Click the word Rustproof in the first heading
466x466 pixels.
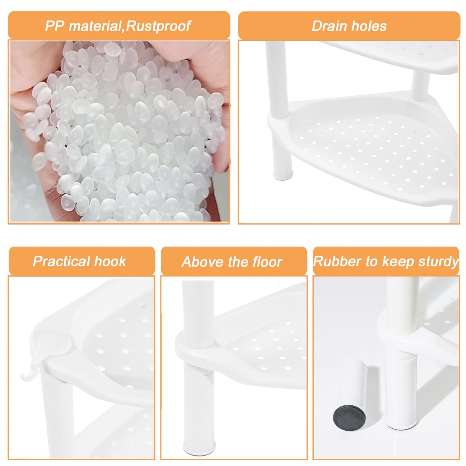[x=158, y=26]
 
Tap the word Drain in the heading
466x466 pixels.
[x=326, y=26]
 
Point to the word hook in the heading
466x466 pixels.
[x=110, y=261]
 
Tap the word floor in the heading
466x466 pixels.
[x=267, y=262]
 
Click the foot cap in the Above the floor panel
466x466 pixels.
[x=199, y=447]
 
